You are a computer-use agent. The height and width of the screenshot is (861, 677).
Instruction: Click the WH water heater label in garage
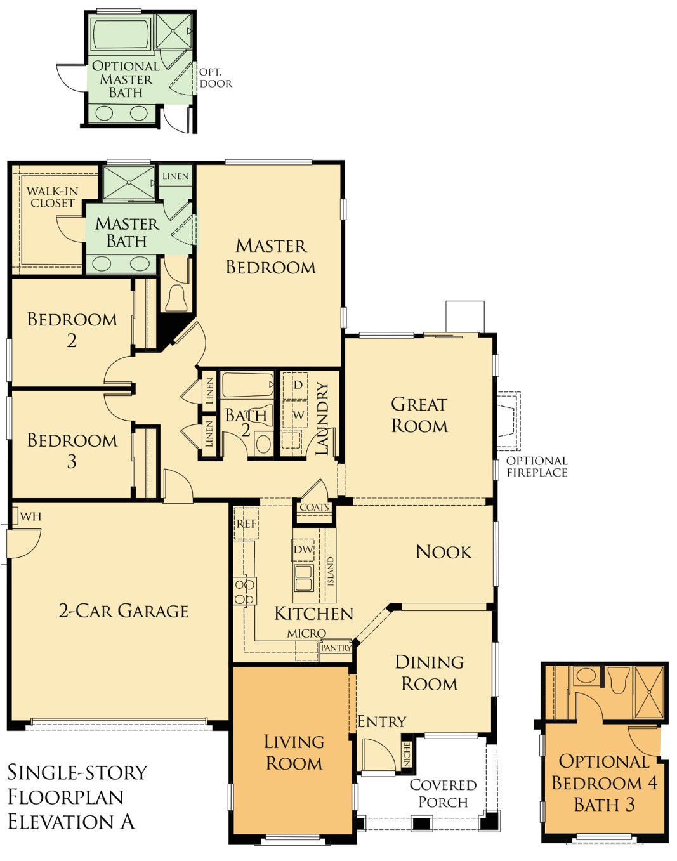[30, 516]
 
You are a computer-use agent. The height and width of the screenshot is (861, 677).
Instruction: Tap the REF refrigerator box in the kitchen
[246, 523]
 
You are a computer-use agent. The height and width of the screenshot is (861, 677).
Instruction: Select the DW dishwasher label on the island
[303, 549]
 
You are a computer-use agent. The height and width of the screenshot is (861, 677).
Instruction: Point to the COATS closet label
[314, 508]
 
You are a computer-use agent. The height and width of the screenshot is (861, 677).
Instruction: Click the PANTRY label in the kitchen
[336, 648]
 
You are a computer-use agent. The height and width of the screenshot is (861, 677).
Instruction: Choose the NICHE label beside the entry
[407, 754]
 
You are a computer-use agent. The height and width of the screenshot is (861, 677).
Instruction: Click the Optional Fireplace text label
[537, 467]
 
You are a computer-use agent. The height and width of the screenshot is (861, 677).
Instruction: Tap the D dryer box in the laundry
[298, 385]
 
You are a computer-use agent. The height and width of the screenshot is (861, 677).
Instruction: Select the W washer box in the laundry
[298, 415]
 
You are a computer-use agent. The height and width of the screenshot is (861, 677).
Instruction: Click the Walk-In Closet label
[53, 197]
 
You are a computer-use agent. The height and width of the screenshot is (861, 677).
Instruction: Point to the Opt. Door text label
[216, 77]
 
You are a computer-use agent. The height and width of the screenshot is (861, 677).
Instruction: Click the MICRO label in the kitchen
[306, 633]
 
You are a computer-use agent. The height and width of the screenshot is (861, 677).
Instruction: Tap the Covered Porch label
[443, 794]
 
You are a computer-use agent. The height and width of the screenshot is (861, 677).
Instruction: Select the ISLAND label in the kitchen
[330, 571]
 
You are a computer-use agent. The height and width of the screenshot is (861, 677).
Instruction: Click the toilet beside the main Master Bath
[176, 297]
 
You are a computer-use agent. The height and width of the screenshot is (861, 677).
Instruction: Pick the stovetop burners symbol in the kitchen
[245, 591]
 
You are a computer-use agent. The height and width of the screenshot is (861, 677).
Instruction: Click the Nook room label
[444, 552]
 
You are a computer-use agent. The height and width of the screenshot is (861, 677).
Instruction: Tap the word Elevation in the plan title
[62, 822]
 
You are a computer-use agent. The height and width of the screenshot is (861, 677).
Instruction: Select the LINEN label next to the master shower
[176, 176]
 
